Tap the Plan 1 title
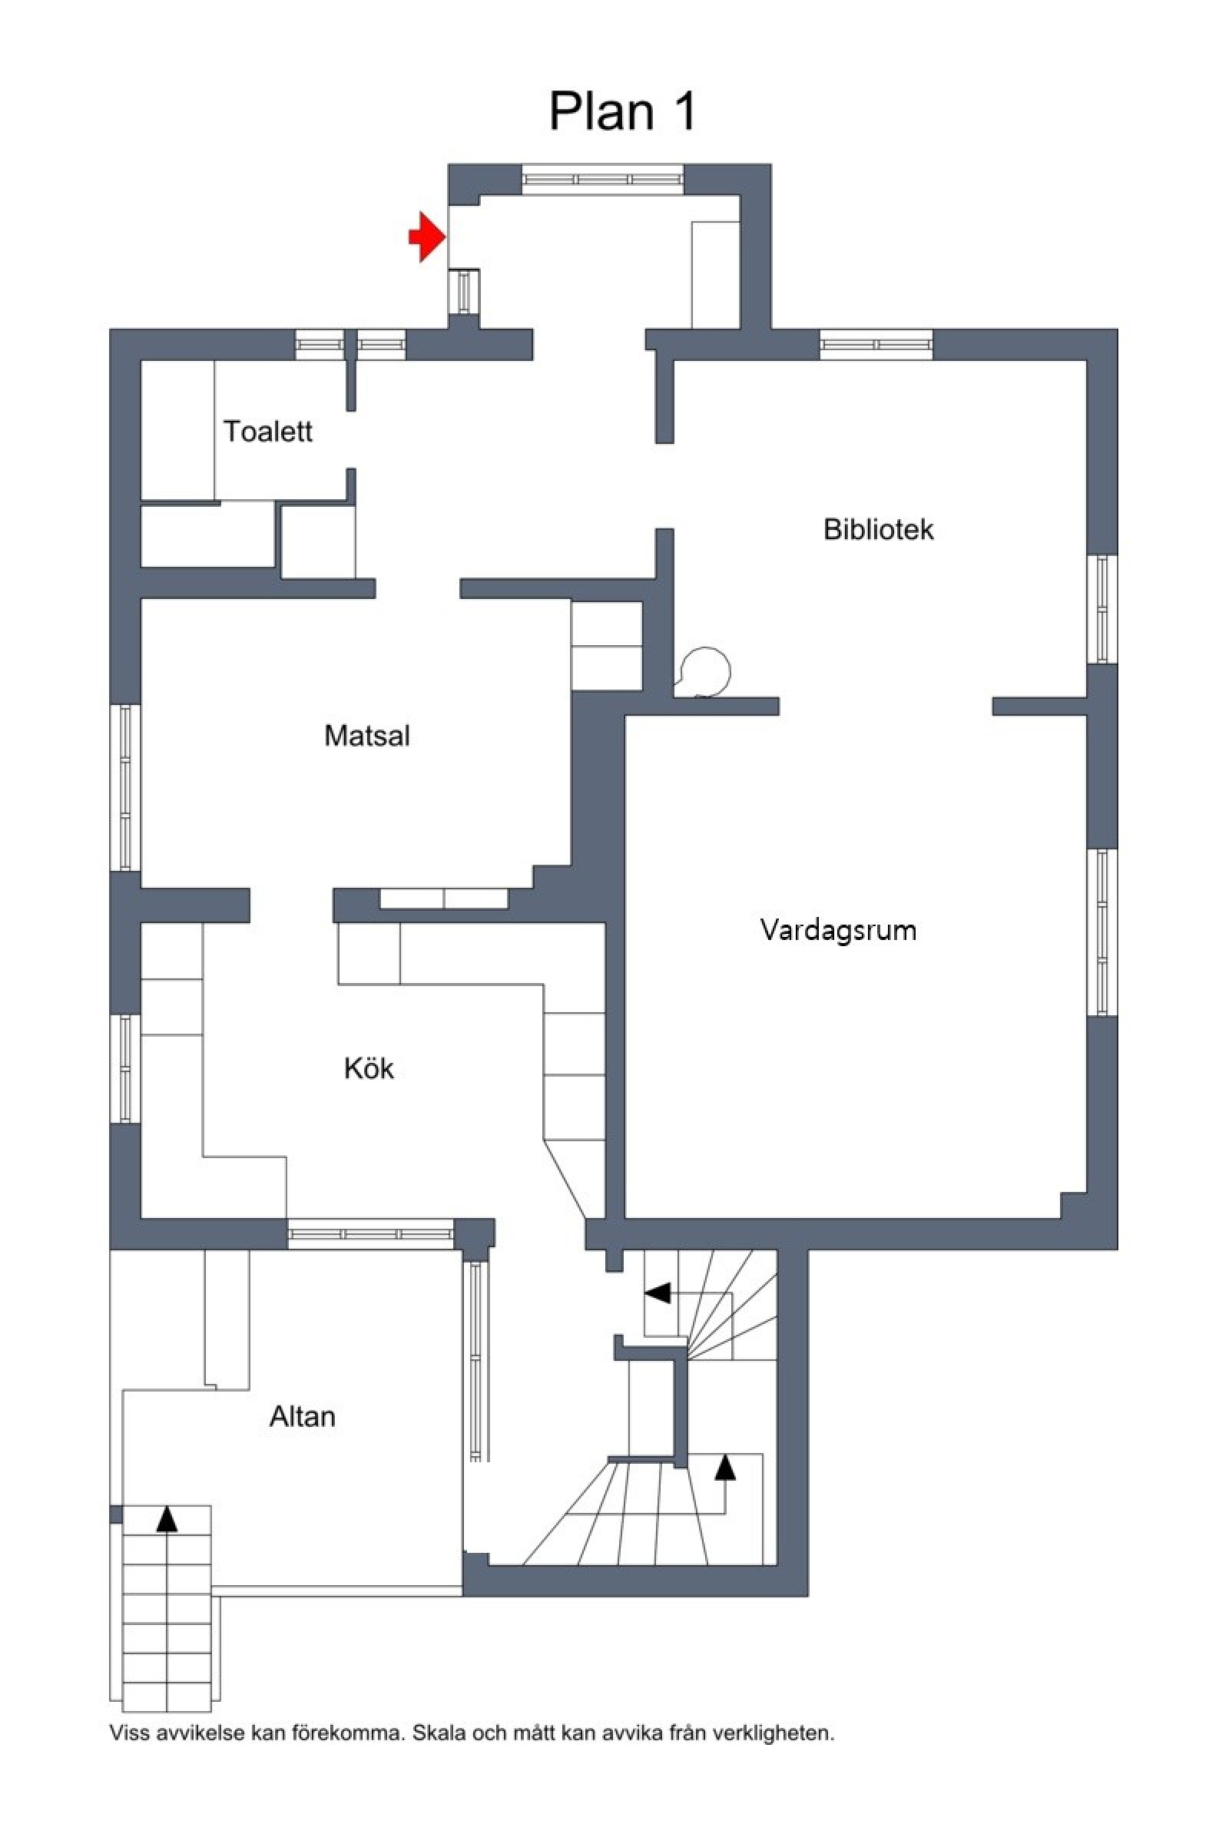(x=622, y=112)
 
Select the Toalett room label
(x=268, y=431)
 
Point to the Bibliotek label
(x=878, y=529)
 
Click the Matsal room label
(x=367, y=735)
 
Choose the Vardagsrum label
(x=838, y=929)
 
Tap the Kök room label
(x=369, y=1068)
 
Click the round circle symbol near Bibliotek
(x=705, y=672)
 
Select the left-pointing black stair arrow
(x=658, y=1293)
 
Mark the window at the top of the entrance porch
(x=603, y=179)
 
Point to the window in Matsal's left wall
(x=124, y=787)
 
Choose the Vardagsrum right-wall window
(x=1102, y=932)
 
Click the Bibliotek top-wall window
(x=876, y=344)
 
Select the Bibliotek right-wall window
(x=1102, y=609)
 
